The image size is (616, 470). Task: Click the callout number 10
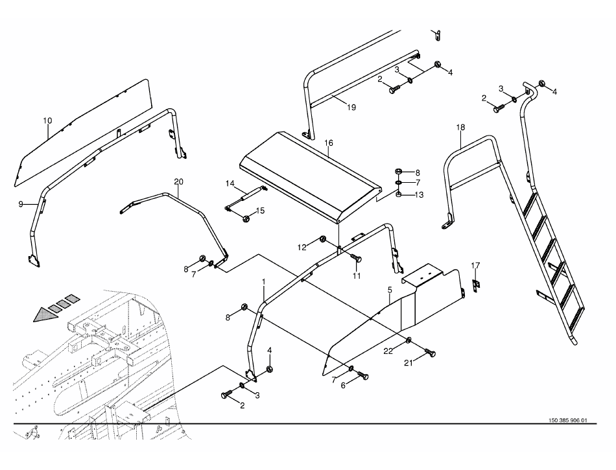[47, 121]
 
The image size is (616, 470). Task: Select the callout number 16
[329, 143]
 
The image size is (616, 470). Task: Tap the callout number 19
[351, 107]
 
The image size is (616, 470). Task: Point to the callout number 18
[460, 127]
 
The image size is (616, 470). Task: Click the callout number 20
[178, 182]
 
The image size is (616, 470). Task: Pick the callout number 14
[230, 183]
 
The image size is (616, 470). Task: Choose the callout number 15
[260, 211]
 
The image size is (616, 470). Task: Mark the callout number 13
[419, 194]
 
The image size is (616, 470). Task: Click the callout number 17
[475, 266]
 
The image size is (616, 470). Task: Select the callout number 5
[390, 290]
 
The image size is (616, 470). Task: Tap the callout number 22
[388, 351]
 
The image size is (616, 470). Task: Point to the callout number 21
[409, 363]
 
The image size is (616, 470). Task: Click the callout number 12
[302, 248]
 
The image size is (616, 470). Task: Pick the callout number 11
[357, 276]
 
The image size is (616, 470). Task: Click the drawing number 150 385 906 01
[567, 421]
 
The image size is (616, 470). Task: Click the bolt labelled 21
[430, 352]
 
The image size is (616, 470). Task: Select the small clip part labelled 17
[475, 285]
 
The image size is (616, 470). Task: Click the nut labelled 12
[323, 238]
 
